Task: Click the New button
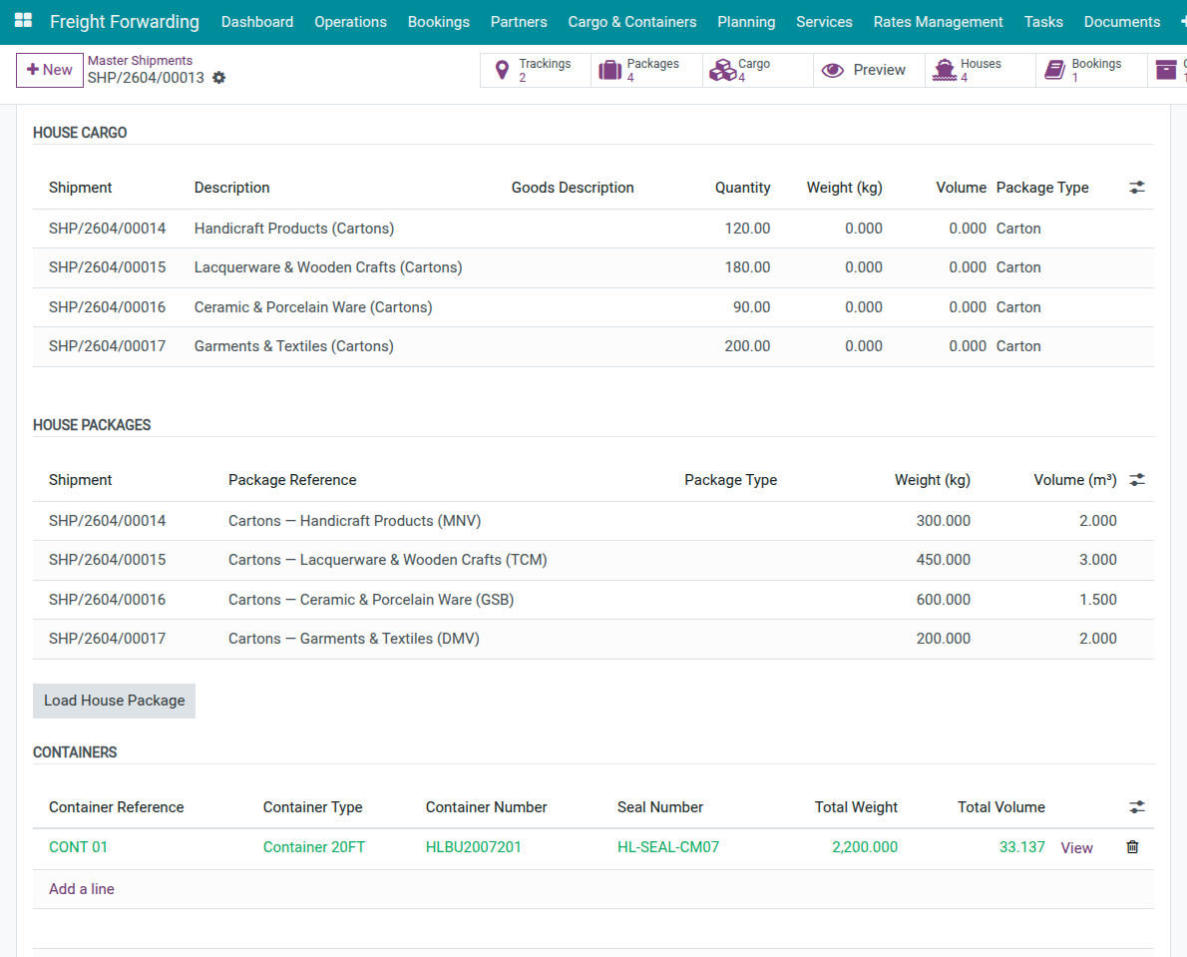coord(50,70)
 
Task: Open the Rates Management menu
coord(938,22)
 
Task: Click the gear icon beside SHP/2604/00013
coord(219,78)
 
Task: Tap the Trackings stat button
coord(536,70)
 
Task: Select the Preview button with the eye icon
coord(864,70)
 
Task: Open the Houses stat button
coord(968,70)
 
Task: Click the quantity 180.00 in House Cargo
coord(747,267)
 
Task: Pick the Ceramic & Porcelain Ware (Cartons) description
coord(313,307)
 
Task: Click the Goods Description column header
coord(573,188)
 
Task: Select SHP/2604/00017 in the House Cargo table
coord(108,346)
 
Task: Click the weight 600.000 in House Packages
coord(943,600)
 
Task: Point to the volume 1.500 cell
coord(1097,600)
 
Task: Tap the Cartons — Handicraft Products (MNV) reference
coord(355,521)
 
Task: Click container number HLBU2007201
coord(474,847)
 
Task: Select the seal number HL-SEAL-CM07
coord(668,847)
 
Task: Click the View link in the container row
coord(1076,848)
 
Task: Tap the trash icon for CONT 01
coord(1132,847)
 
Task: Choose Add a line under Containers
coord(82,889)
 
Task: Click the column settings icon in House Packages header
coord(1137,480)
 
